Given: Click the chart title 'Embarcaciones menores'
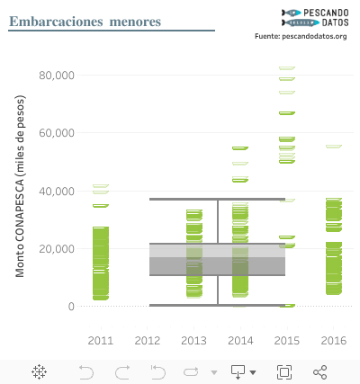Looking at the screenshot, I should pos(85,21).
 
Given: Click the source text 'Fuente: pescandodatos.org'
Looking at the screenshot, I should pos(301,36).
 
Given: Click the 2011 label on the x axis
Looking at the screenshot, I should pos(100,341).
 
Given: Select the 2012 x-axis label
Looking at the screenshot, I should pos(147,341).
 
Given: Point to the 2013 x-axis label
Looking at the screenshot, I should pos(193,341).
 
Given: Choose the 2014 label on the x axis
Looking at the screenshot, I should pos(240,341).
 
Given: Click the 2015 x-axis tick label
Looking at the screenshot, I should pos(287,341).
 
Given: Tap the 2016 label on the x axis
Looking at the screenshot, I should pos(333,341).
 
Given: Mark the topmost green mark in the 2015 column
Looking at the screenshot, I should pos(287,67).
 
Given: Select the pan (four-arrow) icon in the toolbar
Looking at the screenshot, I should pos(40,371).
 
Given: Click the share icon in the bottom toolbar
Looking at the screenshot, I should pos(319,371).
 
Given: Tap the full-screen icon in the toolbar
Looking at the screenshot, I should pos(284,371).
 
